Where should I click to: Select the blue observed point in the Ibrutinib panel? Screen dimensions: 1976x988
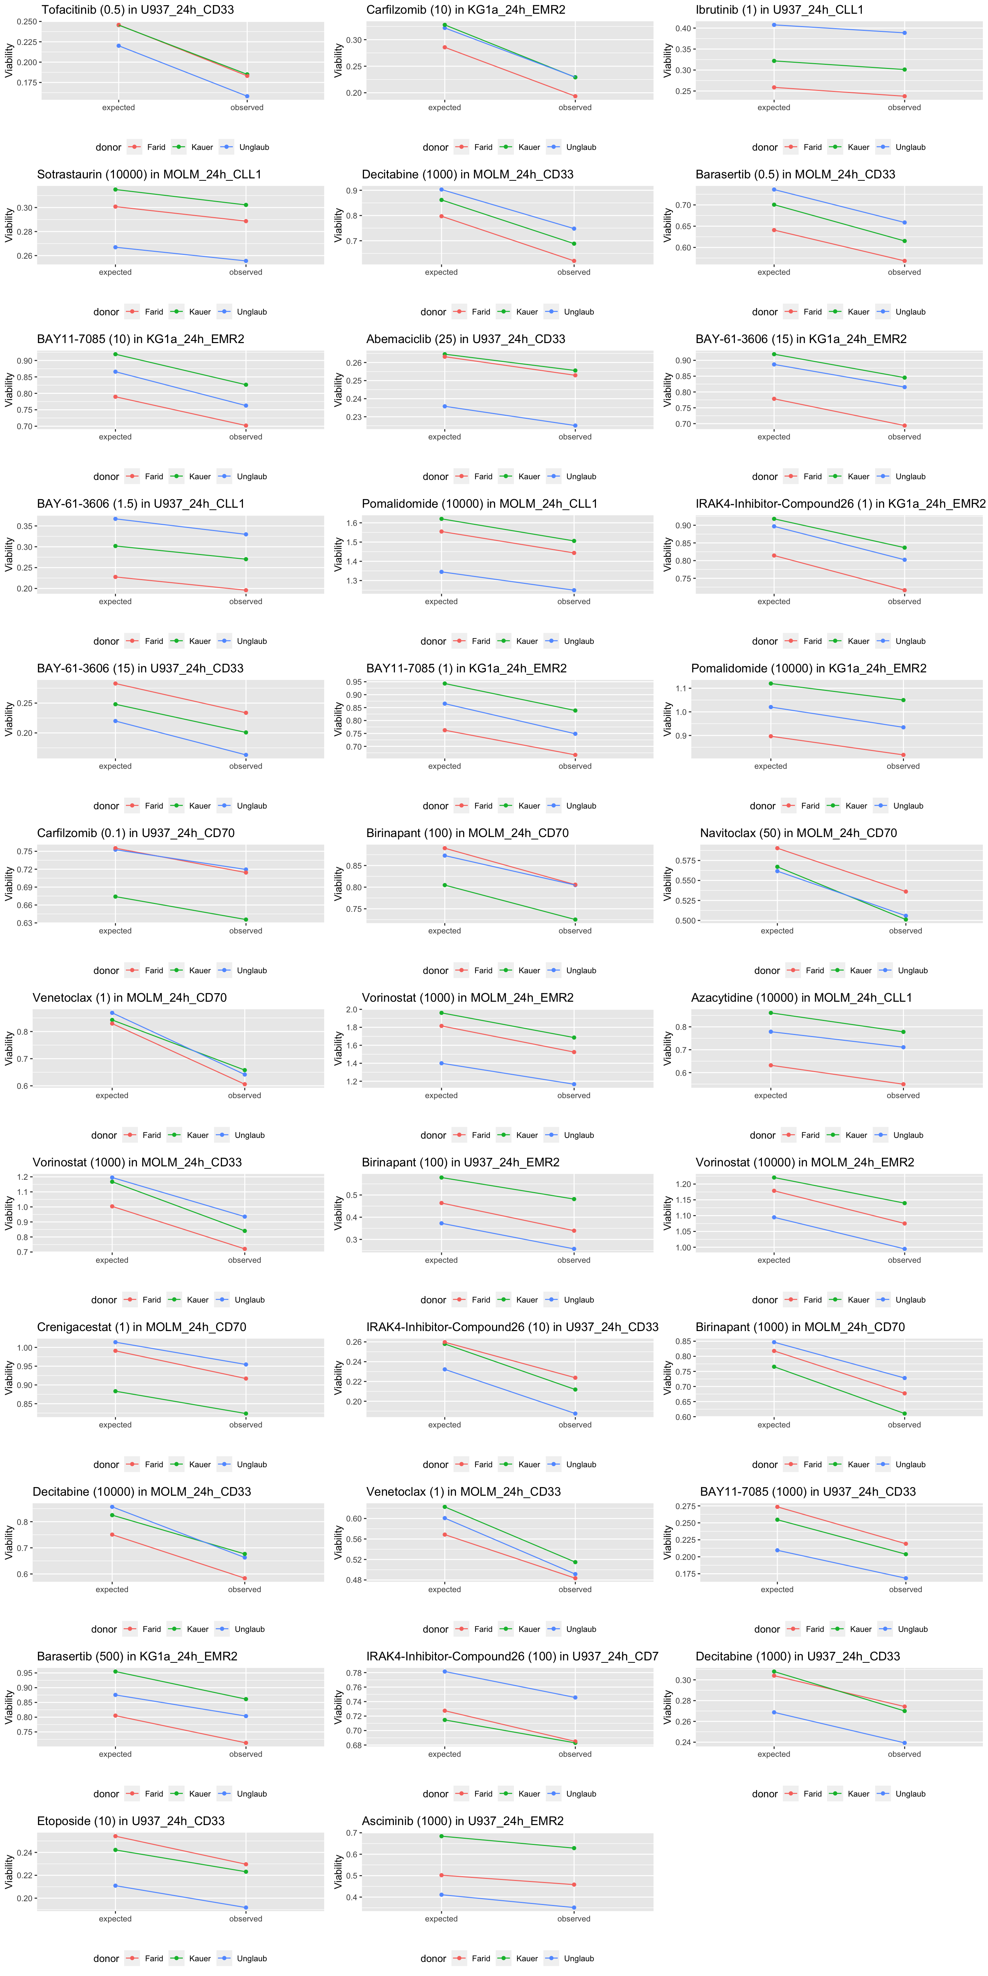click(904, 33)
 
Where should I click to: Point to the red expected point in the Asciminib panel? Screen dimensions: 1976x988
click(441, 1875)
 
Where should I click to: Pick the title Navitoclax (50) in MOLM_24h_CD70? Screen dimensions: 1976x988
click(798, 833)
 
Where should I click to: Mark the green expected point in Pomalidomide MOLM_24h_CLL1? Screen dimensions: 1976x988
click(441, 519)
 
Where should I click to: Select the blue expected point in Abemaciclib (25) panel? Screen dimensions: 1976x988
click(444, 407)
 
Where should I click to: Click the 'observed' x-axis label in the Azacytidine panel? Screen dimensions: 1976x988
click(903, 1095)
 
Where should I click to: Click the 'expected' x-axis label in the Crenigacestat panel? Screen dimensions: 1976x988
click(115, 1424)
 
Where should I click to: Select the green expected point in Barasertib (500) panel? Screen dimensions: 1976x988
click(115, 1671)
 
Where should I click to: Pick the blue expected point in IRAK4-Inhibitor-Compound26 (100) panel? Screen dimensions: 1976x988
click(444, 1671)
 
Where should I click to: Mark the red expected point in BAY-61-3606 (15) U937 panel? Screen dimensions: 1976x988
click(115, 683)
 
